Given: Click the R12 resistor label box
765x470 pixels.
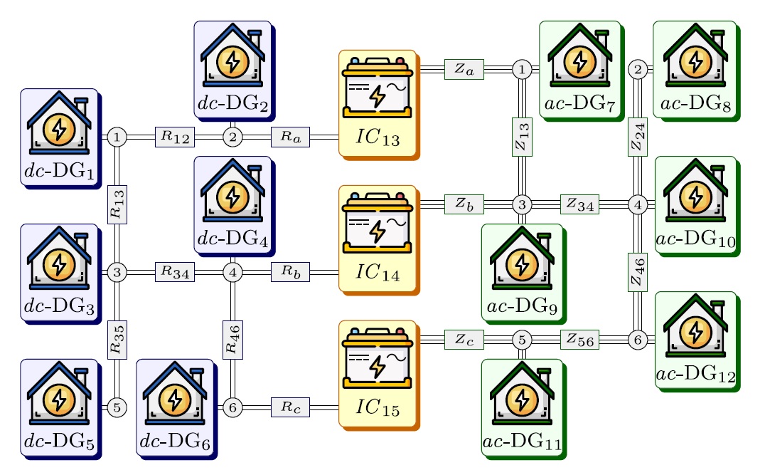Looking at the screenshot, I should pos(175,137).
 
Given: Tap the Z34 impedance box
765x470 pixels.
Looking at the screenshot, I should pos(580,204).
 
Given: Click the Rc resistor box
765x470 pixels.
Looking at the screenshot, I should pos(290,407).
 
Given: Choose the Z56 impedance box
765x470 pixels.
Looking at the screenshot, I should pos(580,340).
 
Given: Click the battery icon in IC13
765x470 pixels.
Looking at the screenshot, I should pos(377,87).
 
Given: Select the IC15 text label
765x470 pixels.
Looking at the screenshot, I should pos(377,408).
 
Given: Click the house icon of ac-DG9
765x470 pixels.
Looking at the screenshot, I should pos(522,261).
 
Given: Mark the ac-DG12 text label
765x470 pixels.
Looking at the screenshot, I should pos(695,375).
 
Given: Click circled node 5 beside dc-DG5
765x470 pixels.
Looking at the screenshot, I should pos(117,407).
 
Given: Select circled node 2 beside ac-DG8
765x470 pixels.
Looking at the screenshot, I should pos(638,69).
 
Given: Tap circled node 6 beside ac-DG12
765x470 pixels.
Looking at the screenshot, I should pos(638,340).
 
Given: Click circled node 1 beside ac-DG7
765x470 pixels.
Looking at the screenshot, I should pos(522,69).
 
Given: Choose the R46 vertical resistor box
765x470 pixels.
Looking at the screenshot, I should pos(232,340).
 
